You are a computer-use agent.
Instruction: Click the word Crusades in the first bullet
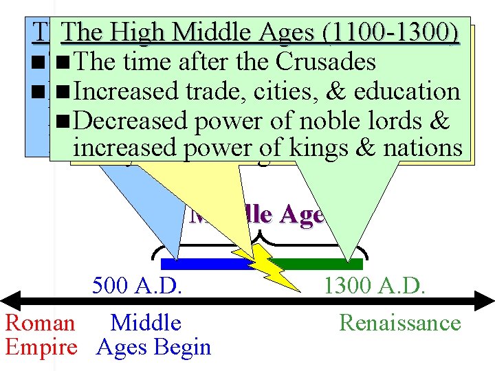[326, 62]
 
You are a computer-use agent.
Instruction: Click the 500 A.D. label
[137, 284]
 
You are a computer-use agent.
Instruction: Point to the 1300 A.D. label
[375, 284]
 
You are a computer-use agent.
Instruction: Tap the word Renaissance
[400, 322]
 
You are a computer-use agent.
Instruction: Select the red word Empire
[41, 347]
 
